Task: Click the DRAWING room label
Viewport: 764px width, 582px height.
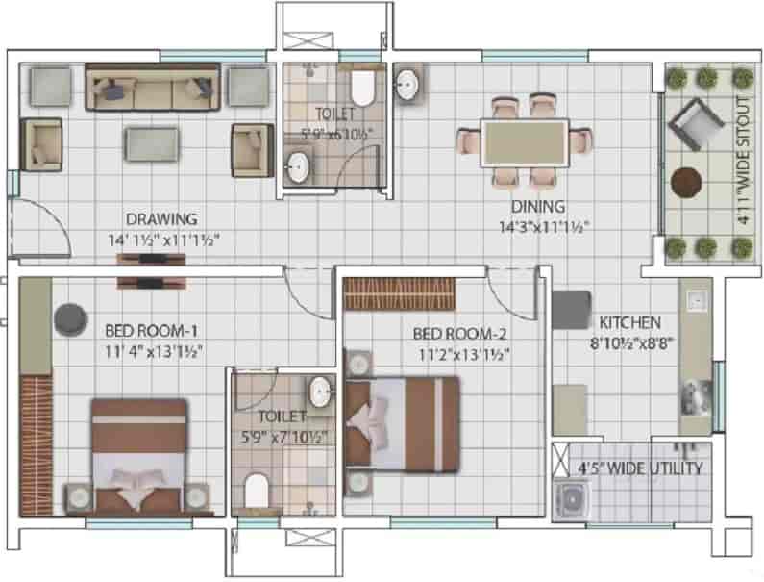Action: tap(161, 218)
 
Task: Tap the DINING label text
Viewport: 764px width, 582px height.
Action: tap(538, 207)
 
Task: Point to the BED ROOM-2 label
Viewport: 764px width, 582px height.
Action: tap(459, 334)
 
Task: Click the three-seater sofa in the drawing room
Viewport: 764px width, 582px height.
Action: tap(154, 88)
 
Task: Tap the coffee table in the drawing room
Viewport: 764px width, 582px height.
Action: tap(151, 143)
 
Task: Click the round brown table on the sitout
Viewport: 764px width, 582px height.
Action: tap(686, 181)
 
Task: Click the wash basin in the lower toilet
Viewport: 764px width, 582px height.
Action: tap(321, 391)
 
